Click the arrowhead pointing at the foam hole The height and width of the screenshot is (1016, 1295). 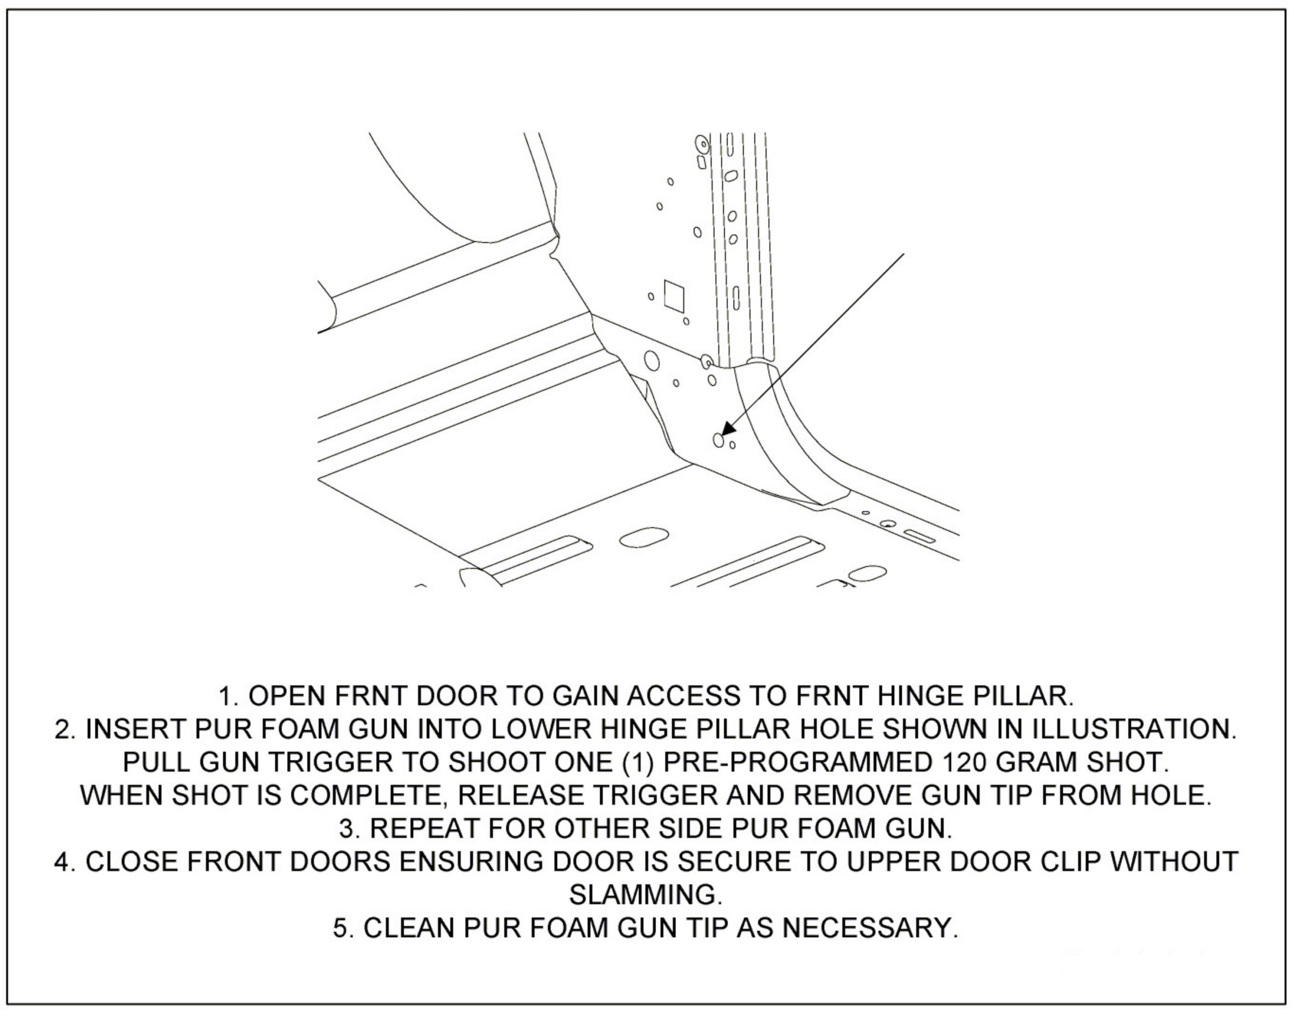point(728,429)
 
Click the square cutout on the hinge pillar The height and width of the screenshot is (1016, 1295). point(673,296)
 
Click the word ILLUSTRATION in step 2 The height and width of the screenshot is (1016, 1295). point(1116,729)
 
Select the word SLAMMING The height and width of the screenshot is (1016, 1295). point(646,895)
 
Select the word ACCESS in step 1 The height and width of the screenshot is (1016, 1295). point(684,695)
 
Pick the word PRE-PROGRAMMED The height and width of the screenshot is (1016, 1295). point(797,762)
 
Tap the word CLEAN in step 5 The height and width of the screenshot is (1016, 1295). point(409,927)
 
